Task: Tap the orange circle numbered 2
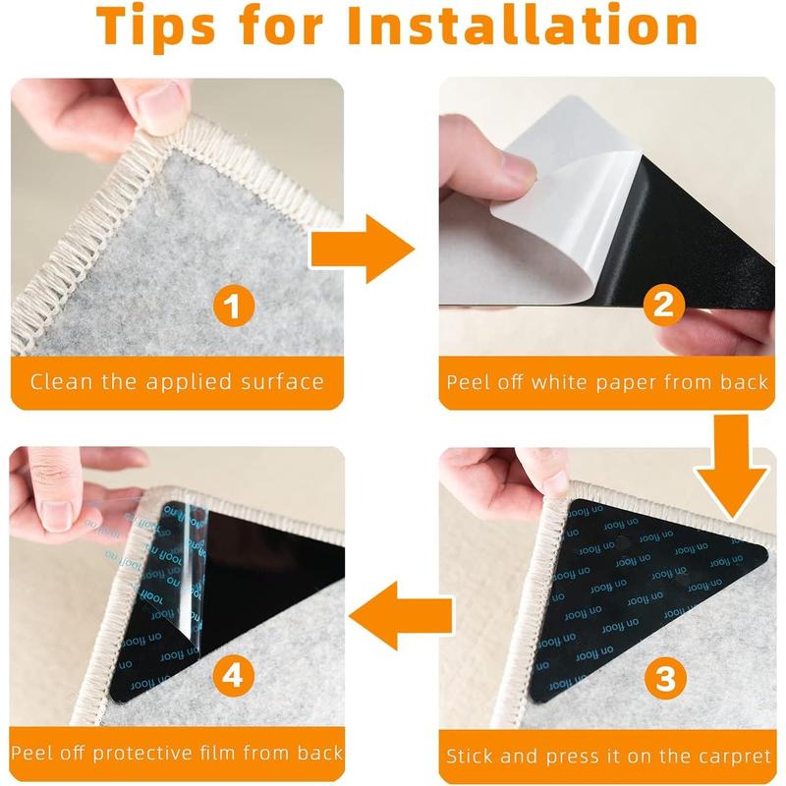pyautogui.click(x=664, y=304)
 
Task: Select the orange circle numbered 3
pyautogui.click(x=666, y=679)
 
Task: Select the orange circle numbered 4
pyautogui.click(x=234, y=675)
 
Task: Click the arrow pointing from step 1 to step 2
pyautogui.click(x=362, y=250)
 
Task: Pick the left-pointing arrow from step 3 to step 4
pyautogui.click(x=401, y=616)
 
